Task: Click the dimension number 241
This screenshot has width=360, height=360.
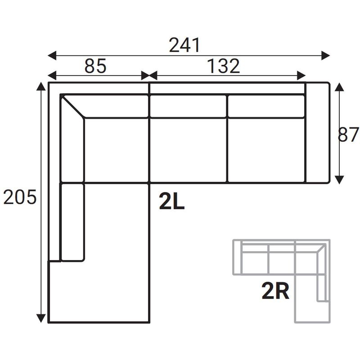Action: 184,45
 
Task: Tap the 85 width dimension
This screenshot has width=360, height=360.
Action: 95,66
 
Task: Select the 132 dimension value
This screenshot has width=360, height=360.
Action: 223,66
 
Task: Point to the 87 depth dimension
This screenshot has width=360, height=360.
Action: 348,135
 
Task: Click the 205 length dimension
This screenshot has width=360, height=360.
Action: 20,197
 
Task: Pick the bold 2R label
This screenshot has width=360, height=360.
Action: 275,291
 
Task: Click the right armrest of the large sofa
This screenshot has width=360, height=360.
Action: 318,133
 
